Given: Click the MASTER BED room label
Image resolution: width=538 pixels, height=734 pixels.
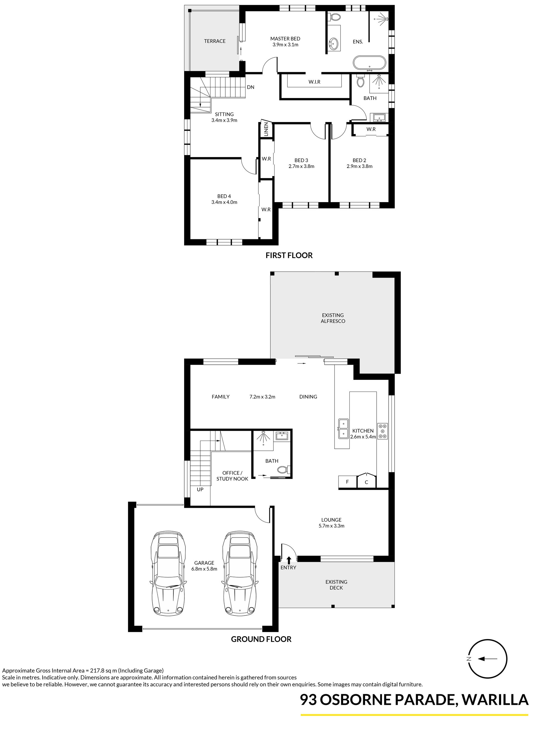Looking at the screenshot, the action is [285, 39].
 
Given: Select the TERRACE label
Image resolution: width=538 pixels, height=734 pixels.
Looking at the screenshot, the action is [215, 41].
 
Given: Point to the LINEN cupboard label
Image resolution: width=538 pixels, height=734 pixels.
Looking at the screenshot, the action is [266, 129].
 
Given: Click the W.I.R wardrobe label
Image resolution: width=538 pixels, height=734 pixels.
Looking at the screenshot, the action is [315, 82].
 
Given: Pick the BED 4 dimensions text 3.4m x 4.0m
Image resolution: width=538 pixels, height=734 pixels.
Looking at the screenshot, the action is [224, 202].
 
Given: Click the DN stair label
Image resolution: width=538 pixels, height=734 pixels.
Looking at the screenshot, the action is [251, 87].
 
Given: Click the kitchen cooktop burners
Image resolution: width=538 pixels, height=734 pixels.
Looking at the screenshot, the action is [383, 431].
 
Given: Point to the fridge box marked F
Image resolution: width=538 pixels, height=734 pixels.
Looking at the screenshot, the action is [347, 482].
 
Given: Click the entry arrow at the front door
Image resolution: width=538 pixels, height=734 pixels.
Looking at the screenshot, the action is [289, 560].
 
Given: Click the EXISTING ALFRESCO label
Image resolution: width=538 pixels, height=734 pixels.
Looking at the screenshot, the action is [333, 318].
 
